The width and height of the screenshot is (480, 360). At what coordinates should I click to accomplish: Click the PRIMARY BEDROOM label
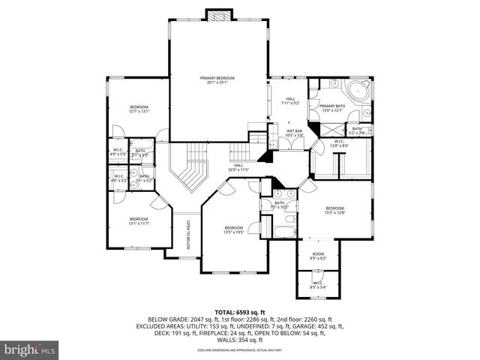tap(217, 78)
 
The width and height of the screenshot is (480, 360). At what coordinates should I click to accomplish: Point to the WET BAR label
tap(294, 131)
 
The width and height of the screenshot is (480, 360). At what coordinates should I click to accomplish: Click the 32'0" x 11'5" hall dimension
tap(238, 169)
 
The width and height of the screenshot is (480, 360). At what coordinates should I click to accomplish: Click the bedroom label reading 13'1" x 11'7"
tap(139, 223)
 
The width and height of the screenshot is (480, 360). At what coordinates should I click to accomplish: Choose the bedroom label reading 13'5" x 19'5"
tap(233, 232)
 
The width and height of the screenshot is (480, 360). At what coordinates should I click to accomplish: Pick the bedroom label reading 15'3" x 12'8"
tap(334, 211)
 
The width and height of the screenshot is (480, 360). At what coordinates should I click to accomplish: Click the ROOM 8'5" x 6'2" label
tap(319, 257)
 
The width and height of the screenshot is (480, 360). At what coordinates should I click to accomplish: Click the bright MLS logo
tap(30, 349)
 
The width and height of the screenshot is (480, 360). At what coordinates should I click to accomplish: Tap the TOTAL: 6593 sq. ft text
tap(240, 311)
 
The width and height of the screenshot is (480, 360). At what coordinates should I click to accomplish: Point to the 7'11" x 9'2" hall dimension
tap(290, 102)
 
